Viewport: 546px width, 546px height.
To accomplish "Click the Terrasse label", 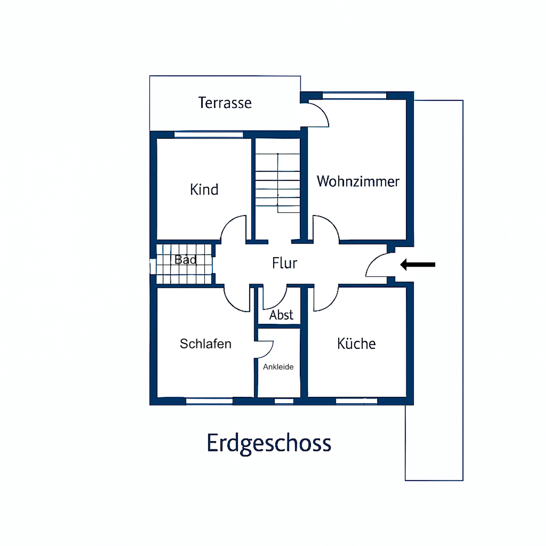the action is coord(225,103).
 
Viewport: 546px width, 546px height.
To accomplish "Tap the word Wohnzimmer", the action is coord(358,181).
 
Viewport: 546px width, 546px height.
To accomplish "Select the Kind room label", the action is coord(204,189).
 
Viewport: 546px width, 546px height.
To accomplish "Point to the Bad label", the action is coord(185,259).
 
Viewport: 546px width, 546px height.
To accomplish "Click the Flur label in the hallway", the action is coord(284,263).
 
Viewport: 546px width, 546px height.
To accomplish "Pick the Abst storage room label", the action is coord(281,315).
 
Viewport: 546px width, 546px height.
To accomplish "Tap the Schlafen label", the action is coord(205,344).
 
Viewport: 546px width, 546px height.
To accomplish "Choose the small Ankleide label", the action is coord(278,367).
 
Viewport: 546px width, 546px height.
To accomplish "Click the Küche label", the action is coord(356,344).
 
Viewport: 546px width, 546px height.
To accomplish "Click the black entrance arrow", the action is coord(417,264).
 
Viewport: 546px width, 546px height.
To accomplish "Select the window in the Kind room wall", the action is coord(209,134).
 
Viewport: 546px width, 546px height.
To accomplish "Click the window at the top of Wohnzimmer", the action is coord(354,96).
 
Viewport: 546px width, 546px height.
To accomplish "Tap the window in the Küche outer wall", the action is coord(356,401).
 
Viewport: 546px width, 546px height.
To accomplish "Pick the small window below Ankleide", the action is coord(284,401).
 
